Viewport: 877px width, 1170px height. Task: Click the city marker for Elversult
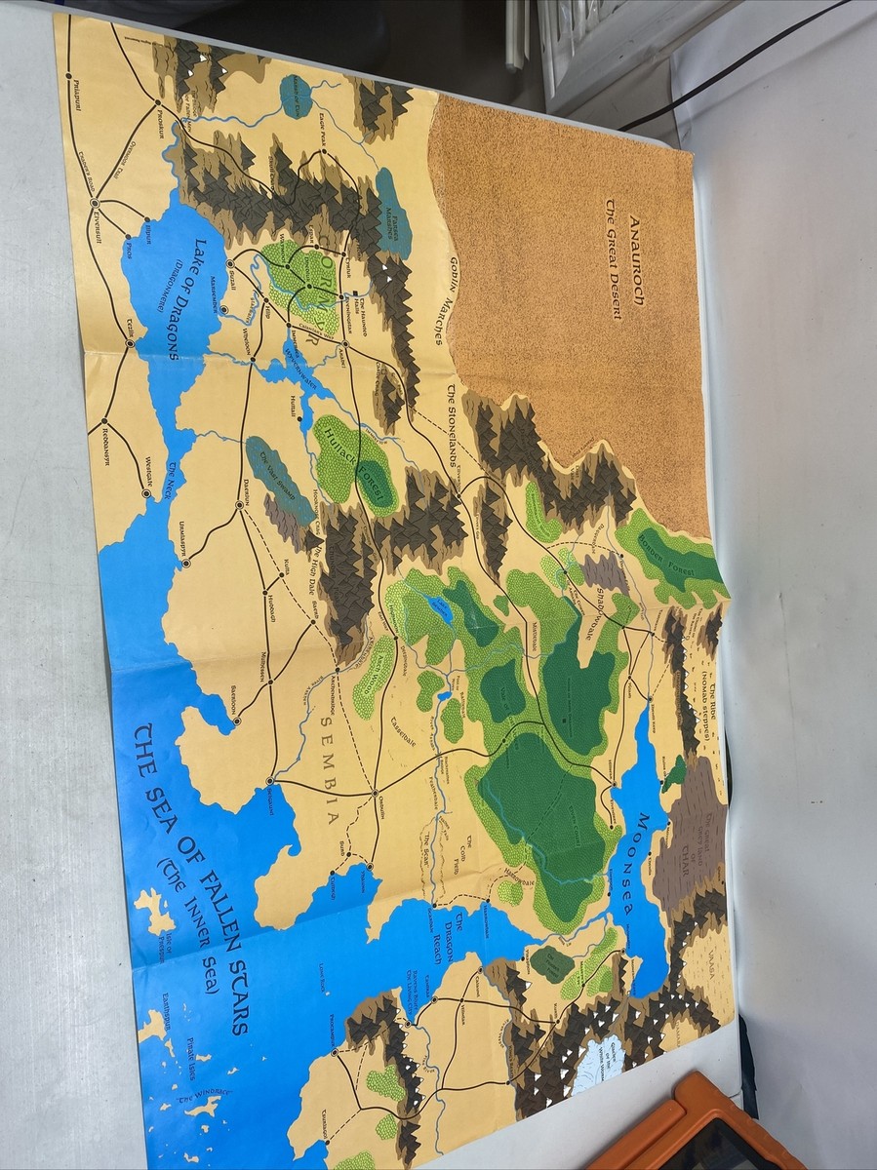95,203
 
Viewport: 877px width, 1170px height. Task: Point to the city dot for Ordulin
375,795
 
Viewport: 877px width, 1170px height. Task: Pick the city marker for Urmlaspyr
186,563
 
